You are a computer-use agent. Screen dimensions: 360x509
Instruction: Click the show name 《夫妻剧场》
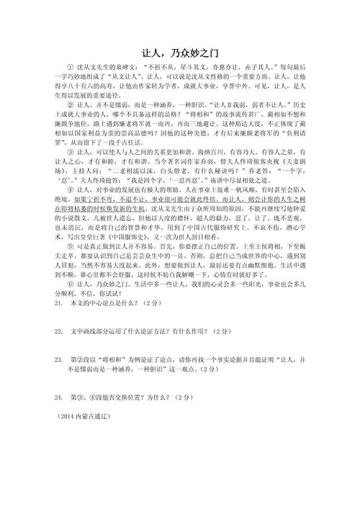(289, 183)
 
